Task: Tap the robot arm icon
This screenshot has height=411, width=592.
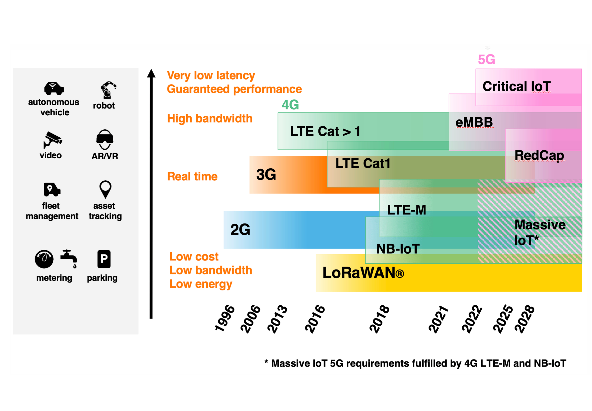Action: pyautogui.click(x=107, y=90)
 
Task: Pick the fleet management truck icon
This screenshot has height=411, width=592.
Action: pyautogui.click(x=52, y=190)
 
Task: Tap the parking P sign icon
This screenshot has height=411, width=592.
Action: pyautogui.click(x=104, y=259)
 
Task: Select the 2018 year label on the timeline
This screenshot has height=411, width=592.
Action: pyautogui.click(x=379, y=319)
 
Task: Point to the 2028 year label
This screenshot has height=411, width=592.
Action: pyautogui.click(x=525, y=319)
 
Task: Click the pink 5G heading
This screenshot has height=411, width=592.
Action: pyautogui.click(x=486, y=59)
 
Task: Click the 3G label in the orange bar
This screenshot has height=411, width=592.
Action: pyautogui.click(x=266, y=174)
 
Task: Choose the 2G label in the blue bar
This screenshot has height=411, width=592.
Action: pyautogui.click(x=240, y=229)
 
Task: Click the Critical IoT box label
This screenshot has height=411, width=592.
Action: pyautogui.click(x=516, y=86)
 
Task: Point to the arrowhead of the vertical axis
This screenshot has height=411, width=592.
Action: pyautogui.click(x=151, y=73)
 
